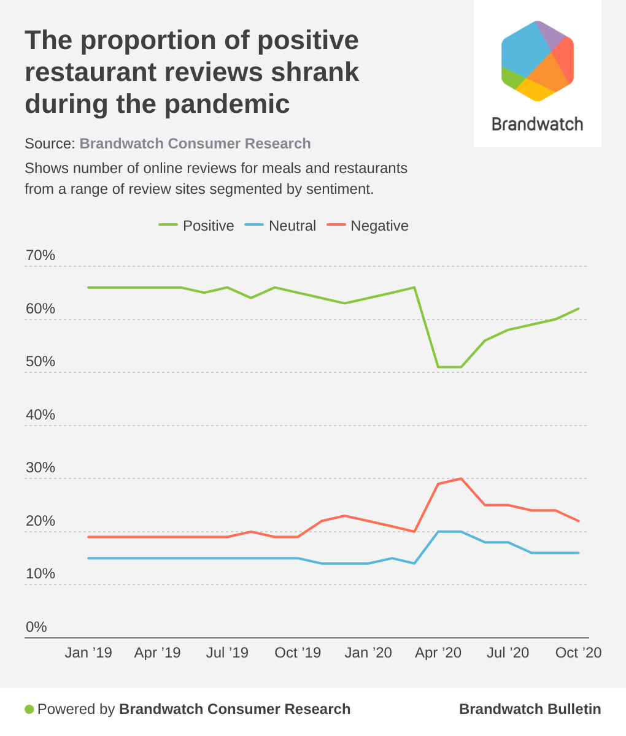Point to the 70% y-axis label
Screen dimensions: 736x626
(40, 255)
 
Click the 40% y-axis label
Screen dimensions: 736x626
(40, 415)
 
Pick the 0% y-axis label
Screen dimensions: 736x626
(36, 627)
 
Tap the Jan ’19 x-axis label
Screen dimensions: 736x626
(88, 653)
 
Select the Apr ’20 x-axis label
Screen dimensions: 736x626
(438, 653)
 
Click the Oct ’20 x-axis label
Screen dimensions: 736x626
(578, 653)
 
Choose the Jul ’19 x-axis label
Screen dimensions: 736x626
(227, 653)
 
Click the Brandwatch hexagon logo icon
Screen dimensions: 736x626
(538, 60)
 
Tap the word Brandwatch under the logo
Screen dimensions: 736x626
(538, 125)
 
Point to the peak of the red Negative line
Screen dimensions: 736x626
(461, 478)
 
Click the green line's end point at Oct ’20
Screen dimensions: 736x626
(579, 309)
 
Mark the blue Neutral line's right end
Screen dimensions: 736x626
(579, 553)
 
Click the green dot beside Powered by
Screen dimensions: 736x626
(29, 710)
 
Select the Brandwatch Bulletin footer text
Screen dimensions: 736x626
(530, 709)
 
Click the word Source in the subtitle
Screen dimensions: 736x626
(49, 144)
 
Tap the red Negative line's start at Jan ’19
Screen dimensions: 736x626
(88, 537)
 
